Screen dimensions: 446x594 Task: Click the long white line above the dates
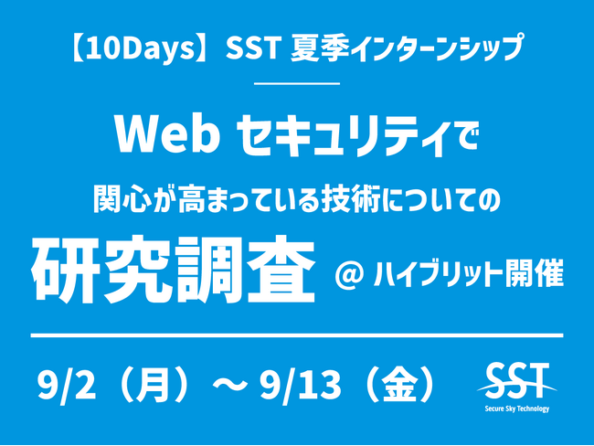click(297, 335)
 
